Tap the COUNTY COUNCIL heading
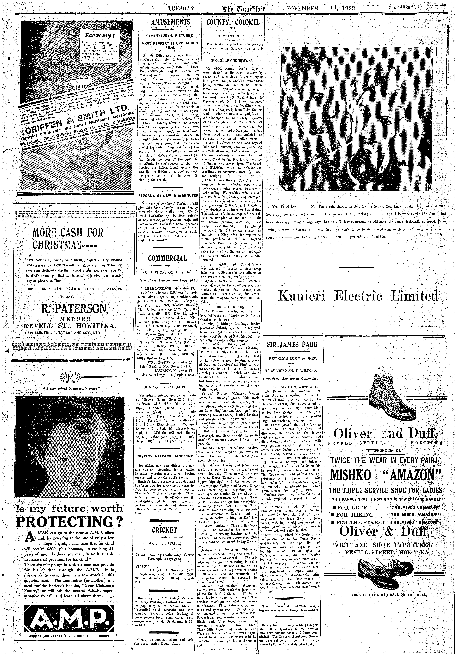233,22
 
